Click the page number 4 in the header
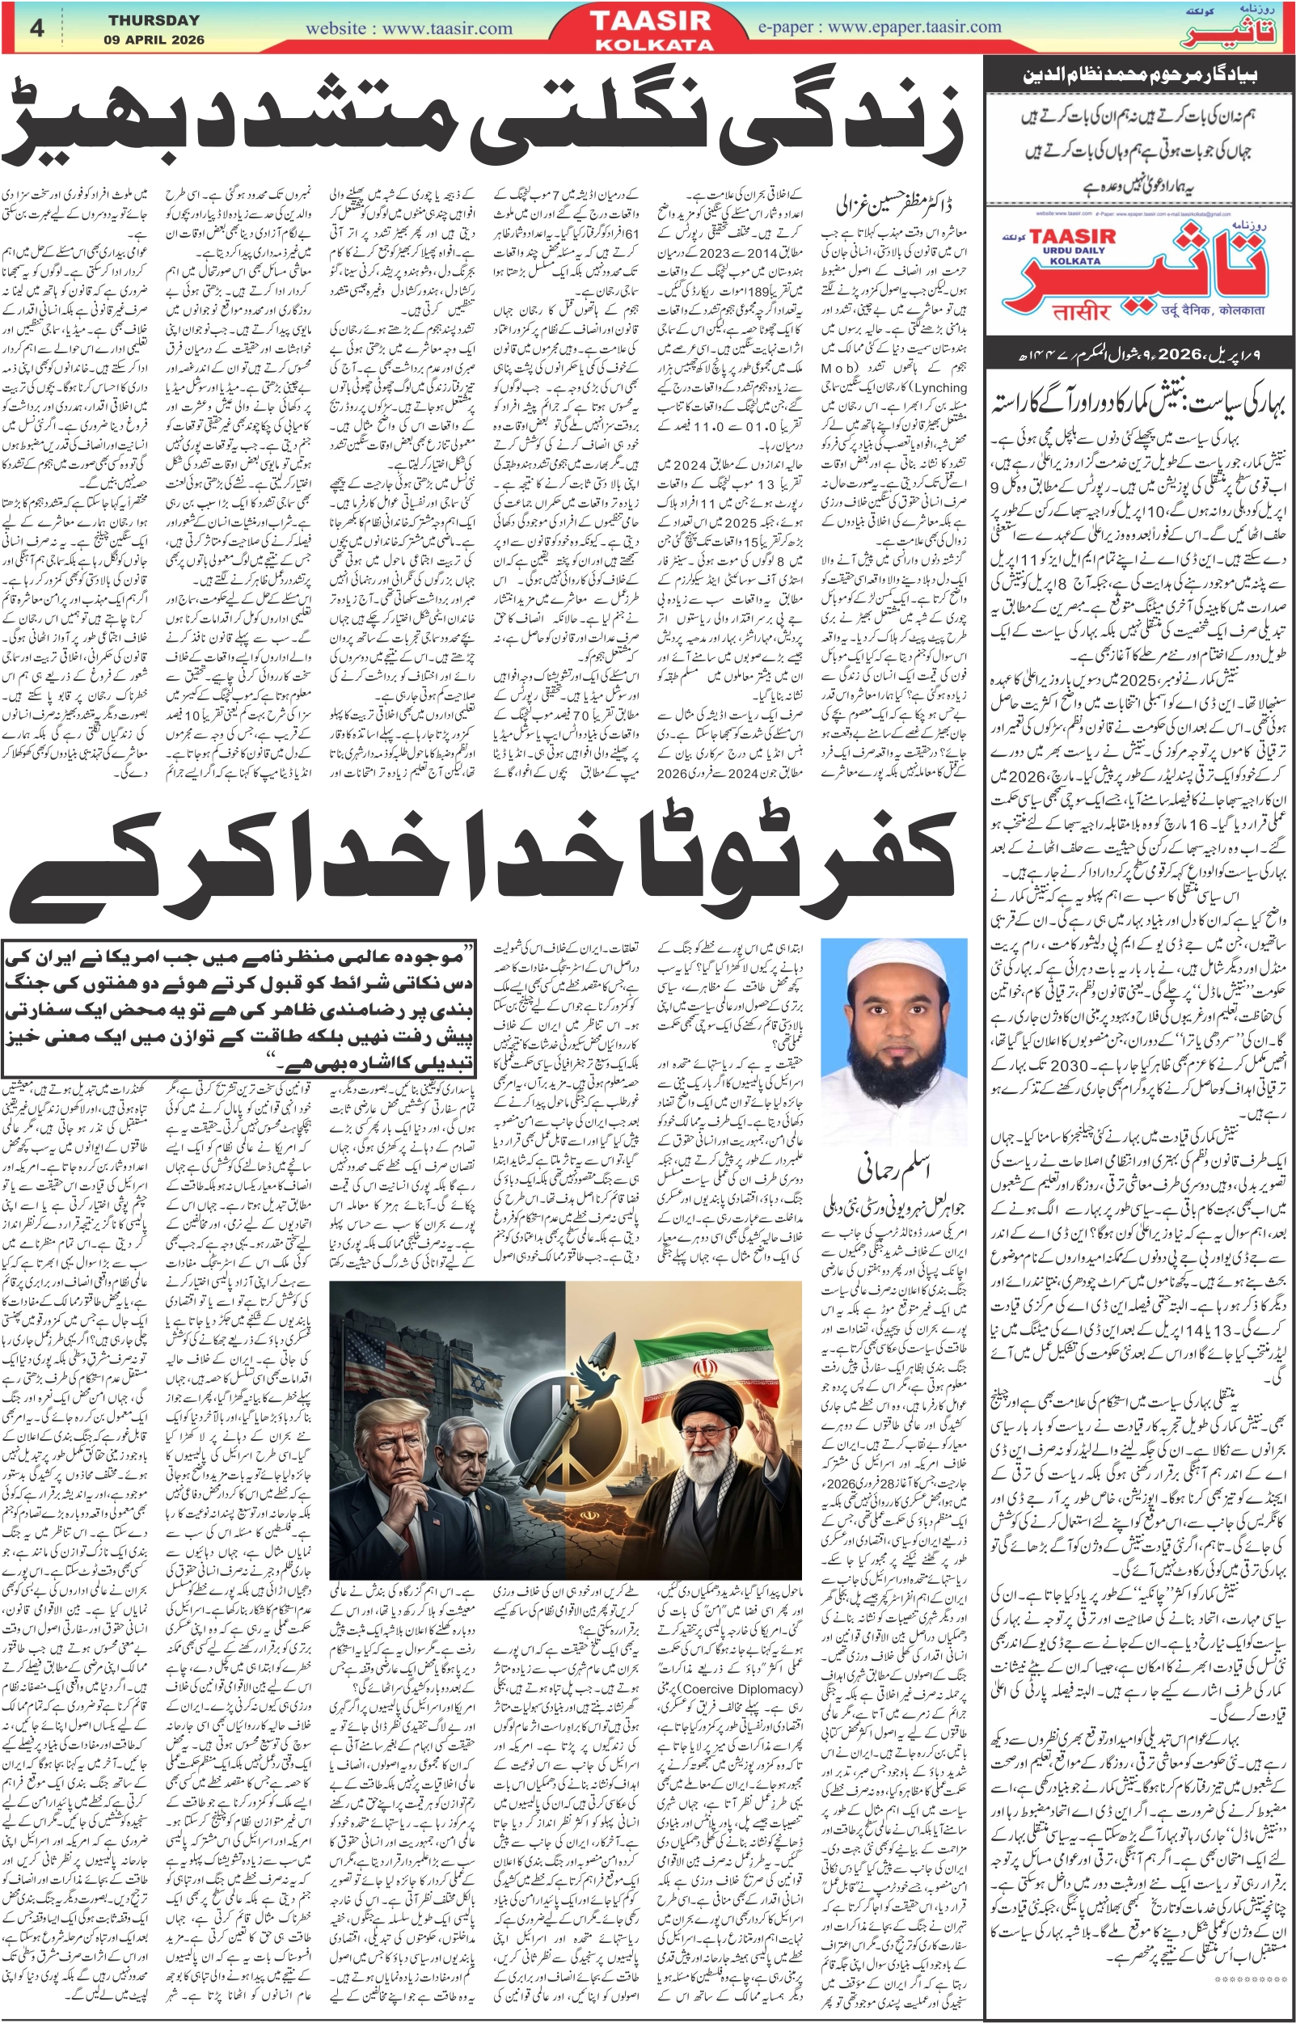click(36, 27)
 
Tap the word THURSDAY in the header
click(154, 19)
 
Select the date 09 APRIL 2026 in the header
click(154, 40)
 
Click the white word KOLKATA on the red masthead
click(654, 44)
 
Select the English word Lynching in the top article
click(939, 387)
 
